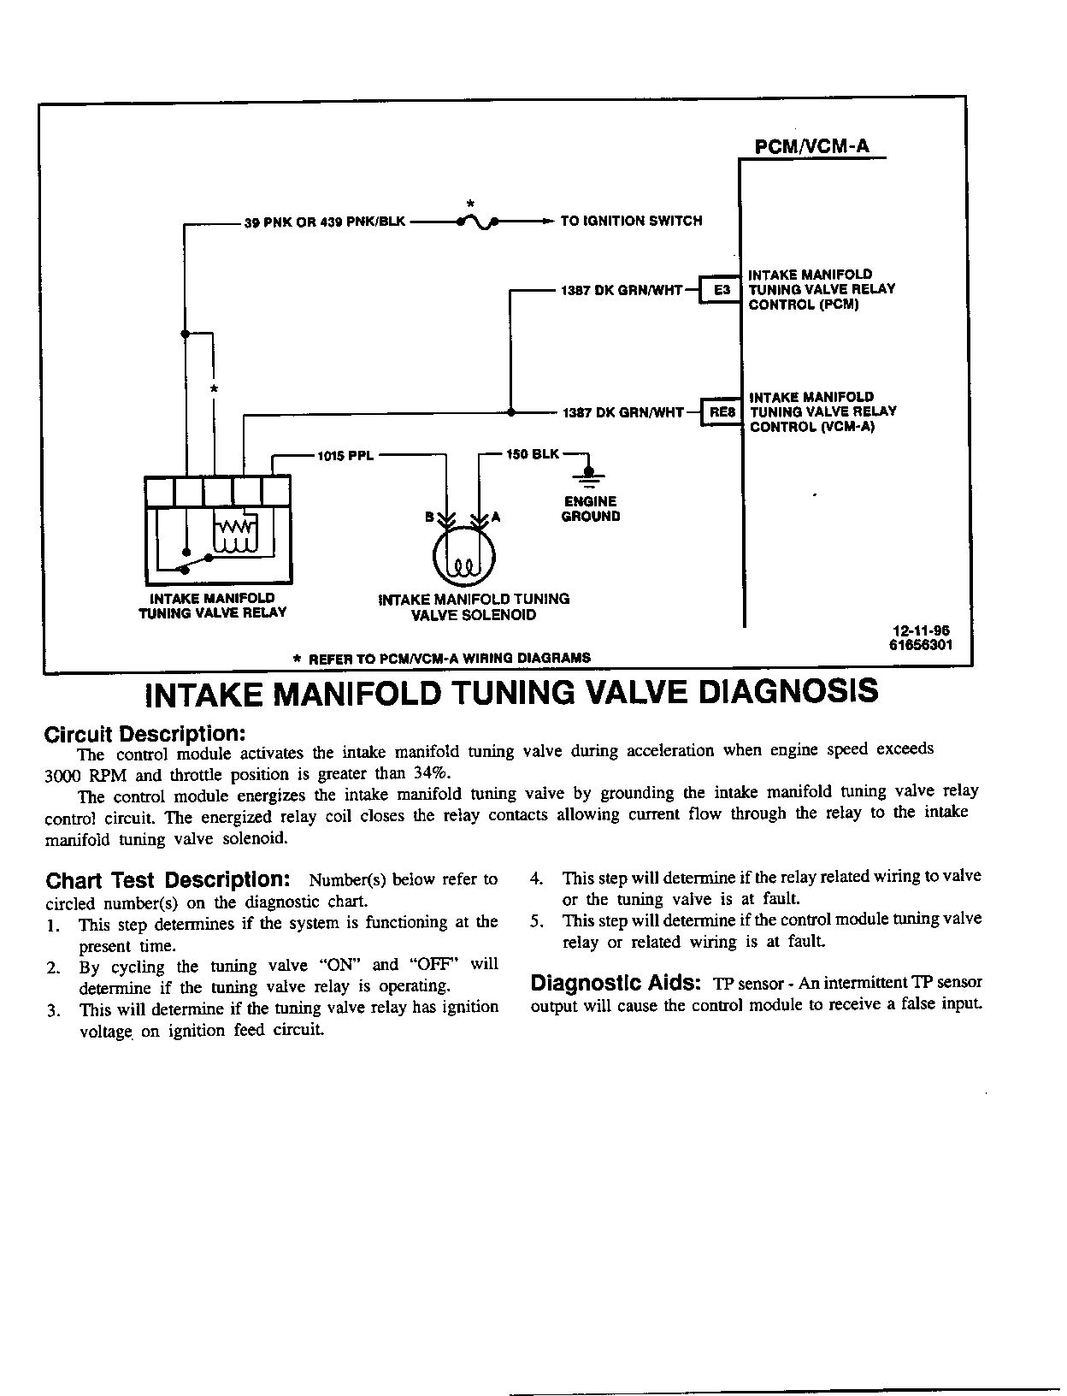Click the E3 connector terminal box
coord(721,290)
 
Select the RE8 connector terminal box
coord(720,412)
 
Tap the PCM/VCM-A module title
coord(811,146)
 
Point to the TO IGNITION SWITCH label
coord(631,221)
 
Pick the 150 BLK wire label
coord(533,454)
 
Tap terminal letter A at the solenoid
coord(495,517)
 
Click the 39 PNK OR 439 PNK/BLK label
coord(325,222)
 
